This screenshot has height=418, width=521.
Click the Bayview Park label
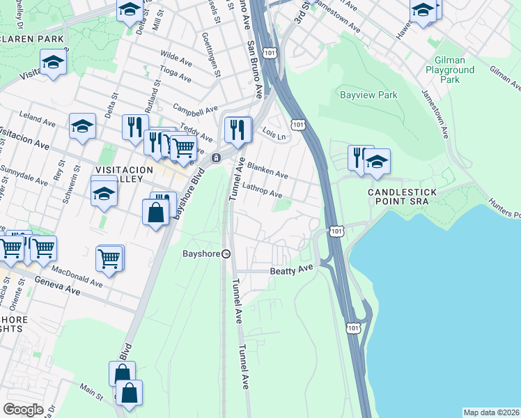point(368,95)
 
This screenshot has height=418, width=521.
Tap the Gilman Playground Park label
point(450,70)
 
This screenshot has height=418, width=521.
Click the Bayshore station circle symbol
point(226,254)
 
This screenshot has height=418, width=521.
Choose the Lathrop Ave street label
point(262,190)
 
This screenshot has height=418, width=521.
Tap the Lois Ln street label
point(274,133)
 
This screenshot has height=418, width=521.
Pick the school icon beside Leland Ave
point(83,126)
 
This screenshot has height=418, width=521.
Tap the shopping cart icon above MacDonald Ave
point(109,258)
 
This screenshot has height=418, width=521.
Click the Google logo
point(23,410)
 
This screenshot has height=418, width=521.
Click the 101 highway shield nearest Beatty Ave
point(336,230)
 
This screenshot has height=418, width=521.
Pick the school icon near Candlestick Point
point(378,162)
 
